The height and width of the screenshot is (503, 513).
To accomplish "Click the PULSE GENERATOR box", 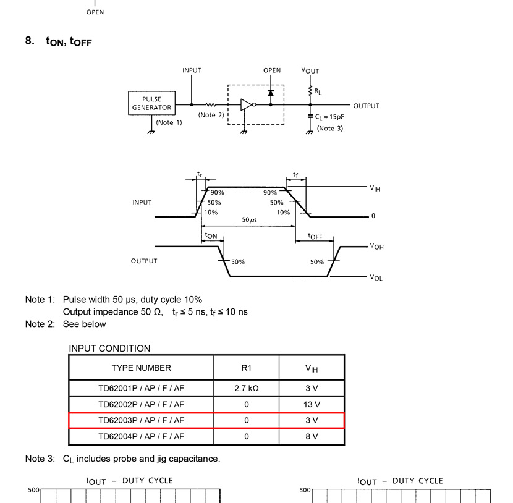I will pyautogui.click(x=151, y=103).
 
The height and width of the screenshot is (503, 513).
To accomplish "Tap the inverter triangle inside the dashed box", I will pyautogui.click(x=246, y=105).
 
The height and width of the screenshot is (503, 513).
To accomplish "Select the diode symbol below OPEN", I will pyautogui.click(x=271, y=93).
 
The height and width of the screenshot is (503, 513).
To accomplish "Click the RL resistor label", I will pyautogui.click(x=318, y=91).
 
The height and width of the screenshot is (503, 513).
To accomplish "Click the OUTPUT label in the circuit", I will pyautogui.click(x=366, y=106).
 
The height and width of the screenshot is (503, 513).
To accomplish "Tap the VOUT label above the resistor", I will pyautogui.click(x=310, y=70).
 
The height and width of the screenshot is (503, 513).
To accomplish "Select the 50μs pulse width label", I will pyautogui.click(x=250, y=220).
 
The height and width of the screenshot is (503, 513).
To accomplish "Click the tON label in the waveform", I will pyautogui.click(x=211, y=235).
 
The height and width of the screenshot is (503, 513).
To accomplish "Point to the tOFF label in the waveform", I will pyautogui.click(x=315, y=236).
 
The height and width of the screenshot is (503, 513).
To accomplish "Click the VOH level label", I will pyautogui.click(x=376, y=246).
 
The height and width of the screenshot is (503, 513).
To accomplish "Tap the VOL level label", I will pyautogui.click(x=376, y=277).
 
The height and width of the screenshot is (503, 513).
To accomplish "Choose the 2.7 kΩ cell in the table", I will pyautogui.click(x=246, y=388).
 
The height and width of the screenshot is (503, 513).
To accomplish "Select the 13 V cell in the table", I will pyautogui.click(x=312, y=405).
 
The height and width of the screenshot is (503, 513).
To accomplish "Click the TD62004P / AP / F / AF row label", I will pyautogui.click(x=141, y=436).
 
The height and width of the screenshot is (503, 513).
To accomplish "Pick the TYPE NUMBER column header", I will pyautogui.click(x=141, y=368).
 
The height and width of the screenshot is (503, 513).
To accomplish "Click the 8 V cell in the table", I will pyautogui.click(x=312, y=436).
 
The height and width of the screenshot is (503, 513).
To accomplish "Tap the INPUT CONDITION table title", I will pyautogui.click(x=109, y=349).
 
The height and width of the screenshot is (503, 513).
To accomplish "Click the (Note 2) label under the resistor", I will pyautogui.click(x=211, y=115).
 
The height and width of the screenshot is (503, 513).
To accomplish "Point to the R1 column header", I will pyautogui.click(x=246, y=368).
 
